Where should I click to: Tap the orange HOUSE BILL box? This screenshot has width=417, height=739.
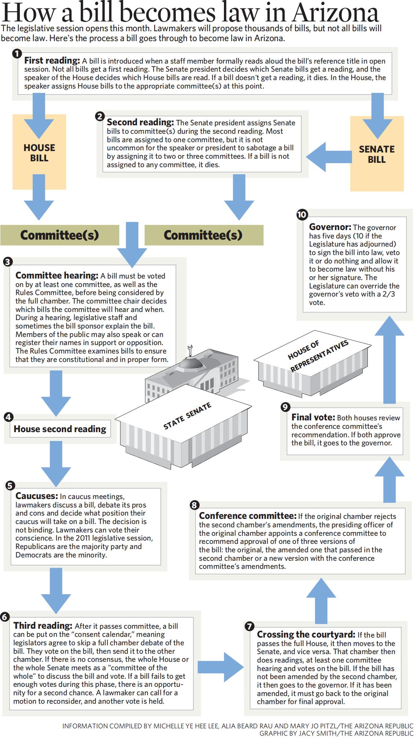click(x=39, y=153)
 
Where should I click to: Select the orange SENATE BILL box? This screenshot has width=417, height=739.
click(x=377, y=154)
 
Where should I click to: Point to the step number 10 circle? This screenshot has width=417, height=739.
click(x=302, y=215)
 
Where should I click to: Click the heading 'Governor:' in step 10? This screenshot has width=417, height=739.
click(x=330, y=227)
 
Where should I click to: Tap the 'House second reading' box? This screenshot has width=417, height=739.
click(x=60, y=429)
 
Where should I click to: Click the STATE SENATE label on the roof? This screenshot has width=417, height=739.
click(x=187, y=416)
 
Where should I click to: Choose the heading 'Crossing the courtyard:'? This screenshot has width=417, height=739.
click(x=306, y=634)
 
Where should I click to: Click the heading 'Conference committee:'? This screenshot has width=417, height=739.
click(x=247, y=516)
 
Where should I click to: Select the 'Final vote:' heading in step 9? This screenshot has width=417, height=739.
click(x=313, y=417)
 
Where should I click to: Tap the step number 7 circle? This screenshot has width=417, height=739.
click(x=249, y=627)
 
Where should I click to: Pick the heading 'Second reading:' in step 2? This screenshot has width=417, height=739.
click(x=140, y=122)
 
